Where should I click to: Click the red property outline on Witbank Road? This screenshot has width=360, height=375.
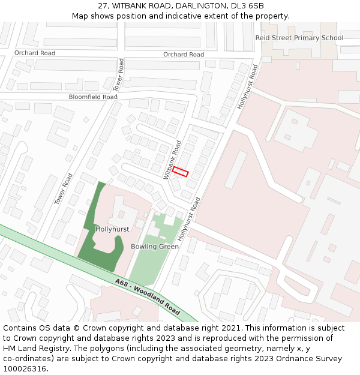180,172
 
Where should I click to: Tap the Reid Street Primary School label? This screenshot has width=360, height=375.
299,38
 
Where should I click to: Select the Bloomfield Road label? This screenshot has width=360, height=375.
93,97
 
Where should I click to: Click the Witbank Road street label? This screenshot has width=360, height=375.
173,160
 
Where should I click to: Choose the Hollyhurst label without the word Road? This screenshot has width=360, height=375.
112,229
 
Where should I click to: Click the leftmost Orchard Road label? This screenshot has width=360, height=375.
35,53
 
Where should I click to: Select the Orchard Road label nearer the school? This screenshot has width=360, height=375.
184,55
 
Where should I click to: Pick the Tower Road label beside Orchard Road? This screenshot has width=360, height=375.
118,75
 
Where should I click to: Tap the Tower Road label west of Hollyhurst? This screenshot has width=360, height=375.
64,188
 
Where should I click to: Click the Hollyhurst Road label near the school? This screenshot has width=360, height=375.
247,88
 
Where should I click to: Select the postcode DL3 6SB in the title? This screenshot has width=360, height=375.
247,6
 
